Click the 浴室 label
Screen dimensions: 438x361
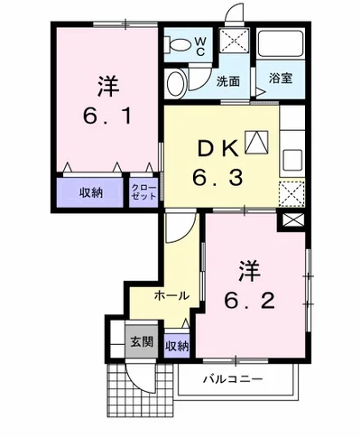(x=282, y=80)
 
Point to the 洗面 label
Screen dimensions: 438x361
(x=227, y=80)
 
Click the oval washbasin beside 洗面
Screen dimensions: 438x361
(x=177, y=83)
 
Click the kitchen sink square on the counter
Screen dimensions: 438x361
(x=294, y=158)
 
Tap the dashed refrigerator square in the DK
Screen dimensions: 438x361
(x=293, y=192)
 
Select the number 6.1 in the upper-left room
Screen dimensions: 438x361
(x=106, y=115)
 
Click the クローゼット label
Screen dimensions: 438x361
(x=143, y=191)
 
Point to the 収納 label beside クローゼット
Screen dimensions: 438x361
(x=89, y=191)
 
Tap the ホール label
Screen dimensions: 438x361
(x=171, y=295)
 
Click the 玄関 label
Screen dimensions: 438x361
(x=140, y=342)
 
